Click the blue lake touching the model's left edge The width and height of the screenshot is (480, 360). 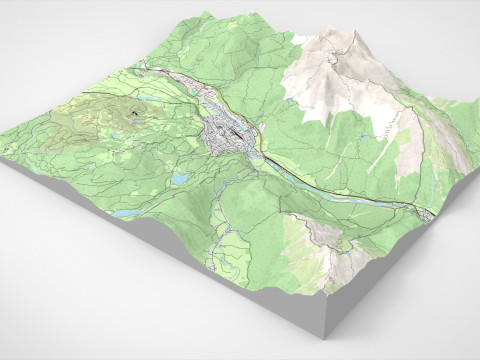click(125, 213)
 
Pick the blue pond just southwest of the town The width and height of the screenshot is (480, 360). click(179, 178)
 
